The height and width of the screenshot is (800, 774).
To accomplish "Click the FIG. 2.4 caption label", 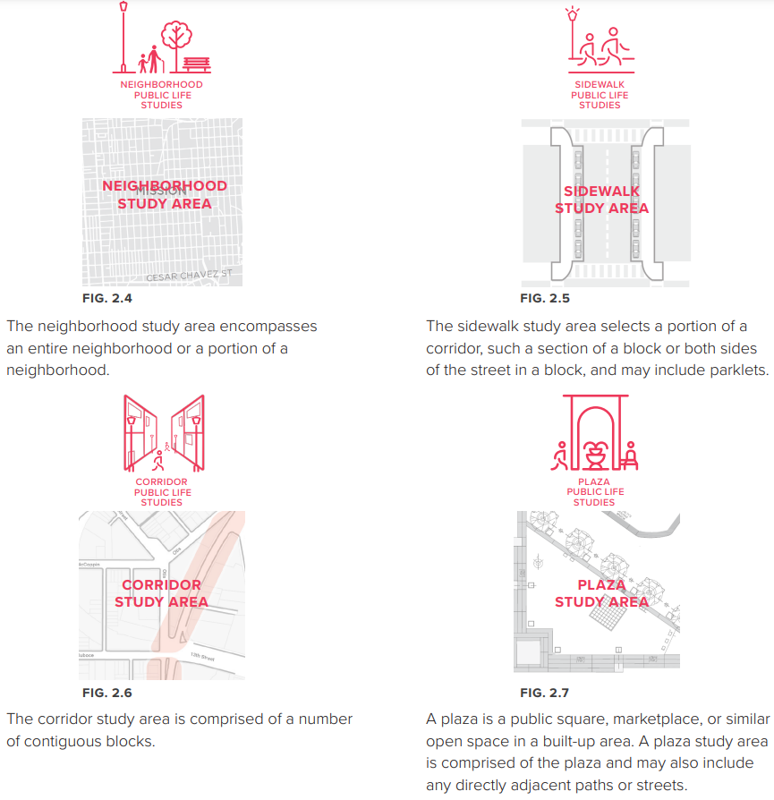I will click(x=107, y=298).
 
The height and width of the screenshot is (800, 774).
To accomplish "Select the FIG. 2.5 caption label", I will click(x=545, y=298).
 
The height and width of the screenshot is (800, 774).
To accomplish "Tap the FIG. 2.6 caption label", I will click(x=107, y=693).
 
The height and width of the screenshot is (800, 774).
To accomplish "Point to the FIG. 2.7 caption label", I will click(x=545, y=693).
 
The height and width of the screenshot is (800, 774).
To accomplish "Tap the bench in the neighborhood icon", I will click(x=197, y=64).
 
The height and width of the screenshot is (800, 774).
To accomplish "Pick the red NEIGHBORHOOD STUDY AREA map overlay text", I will click(x=165, y=194).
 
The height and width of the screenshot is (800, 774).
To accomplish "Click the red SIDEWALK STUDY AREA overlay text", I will click(x=602, y=200).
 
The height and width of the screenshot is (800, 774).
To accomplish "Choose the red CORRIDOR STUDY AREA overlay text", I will click(x=162, y=593).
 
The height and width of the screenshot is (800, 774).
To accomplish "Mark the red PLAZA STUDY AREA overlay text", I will click(x=601, y=593).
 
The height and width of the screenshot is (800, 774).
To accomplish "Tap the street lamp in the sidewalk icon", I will click(x=572, y=36).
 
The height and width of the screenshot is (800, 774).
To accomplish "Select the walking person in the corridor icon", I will click(x=157, y=461).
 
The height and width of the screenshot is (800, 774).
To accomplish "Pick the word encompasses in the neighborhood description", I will click(x=272, y=326).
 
